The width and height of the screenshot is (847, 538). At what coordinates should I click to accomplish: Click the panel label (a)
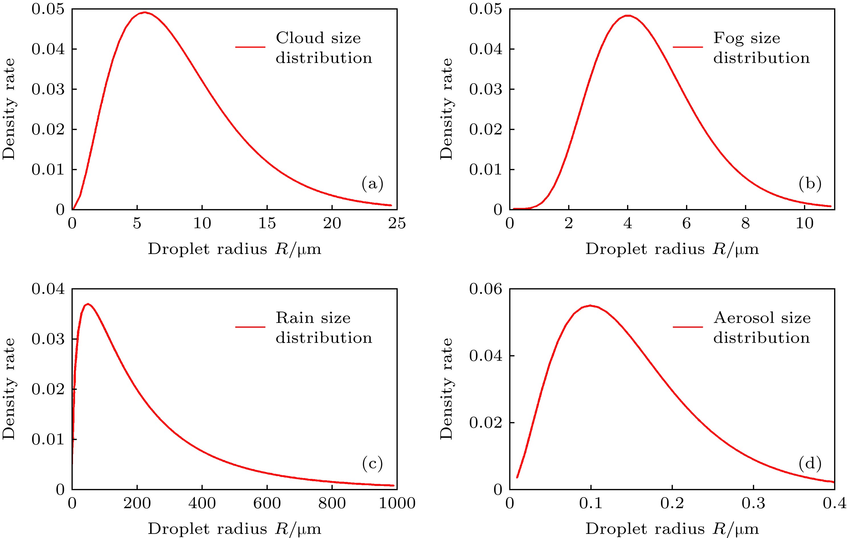point(372,184)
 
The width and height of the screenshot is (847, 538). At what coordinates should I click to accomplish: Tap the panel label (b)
point(810,184)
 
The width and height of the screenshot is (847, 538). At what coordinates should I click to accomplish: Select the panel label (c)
point(372,464)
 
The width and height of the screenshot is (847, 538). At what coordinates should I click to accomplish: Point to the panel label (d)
point(810,464)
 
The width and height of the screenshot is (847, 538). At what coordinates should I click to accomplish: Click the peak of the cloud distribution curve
point(144,12)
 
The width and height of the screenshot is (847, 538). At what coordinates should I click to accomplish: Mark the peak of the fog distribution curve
point(628,15)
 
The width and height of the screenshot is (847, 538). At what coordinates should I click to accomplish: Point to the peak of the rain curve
point(88,304)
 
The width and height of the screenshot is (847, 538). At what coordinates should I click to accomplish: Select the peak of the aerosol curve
point(591,305)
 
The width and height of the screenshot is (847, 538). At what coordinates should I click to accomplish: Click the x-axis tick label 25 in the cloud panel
point(397,223)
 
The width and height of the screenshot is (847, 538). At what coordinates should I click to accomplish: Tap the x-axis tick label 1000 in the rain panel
point(397,503)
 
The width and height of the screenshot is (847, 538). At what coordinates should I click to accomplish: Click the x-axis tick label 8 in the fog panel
point(745,223)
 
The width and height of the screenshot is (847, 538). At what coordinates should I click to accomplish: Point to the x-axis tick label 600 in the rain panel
point(267,503)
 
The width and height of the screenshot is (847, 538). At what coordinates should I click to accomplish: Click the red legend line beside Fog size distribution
point(688,47)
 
